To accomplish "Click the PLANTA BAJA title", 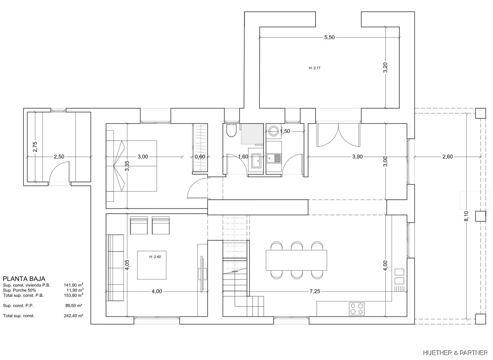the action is point(24,279).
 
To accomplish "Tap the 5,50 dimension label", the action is point(329,37).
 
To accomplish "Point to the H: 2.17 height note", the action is point(315,68).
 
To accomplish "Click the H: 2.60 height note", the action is point(155,257).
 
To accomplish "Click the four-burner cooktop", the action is point(357,309).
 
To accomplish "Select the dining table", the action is point(296,260).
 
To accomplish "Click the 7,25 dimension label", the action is point(315,291).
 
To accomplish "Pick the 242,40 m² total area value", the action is point(74,316).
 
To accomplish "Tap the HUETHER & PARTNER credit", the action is point(455,353).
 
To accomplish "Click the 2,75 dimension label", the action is point(35,147).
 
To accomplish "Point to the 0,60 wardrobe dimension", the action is point(200,157).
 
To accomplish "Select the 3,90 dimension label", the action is point(357,157).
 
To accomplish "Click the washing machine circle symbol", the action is point(274,131).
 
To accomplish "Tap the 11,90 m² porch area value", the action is point(75,290).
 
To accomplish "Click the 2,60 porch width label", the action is point(447,157).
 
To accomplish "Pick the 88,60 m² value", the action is point(74,305).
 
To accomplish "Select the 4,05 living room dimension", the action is point(127,265).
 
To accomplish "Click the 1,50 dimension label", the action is point(285,131).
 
